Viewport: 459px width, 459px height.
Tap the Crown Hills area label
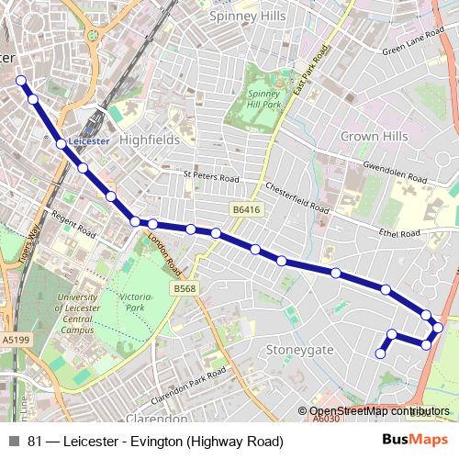click(x=374, y=136)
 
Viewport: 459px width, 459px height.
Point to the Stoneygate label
click(x=297, y=350)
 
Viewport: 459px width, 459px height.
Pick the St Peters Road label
click(x=210, y=177)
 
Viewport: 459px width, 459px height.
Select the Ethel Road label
click(x=397, y=233)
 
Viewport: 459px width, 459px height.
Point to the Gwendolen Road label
click(x=396, y=170)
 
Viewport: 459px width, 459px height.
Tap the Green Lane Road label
click(x=413, y=45)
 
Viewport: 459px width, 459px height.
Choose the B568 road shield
click(x=184, y=288)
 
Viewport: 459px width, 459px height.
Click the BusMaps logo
click(x=415, y=441)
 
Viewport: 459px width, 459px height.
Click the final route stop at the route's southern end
click(x=380, y=353)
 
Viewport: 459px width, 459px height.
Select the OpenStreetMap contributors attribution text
click(x=379, y=411)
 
